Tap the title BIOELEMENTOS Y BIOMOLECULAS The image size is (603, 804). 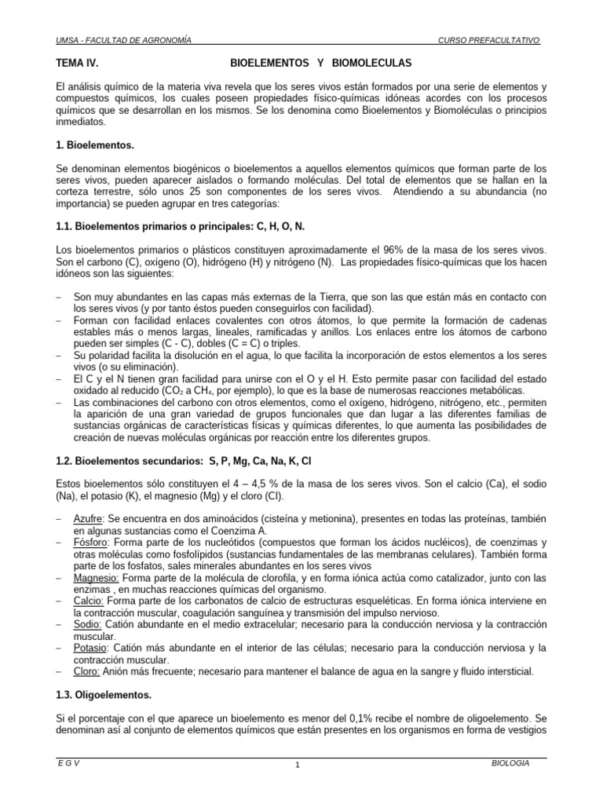coord(320,62)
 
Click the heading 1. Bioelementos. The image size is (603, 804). coord(95,146)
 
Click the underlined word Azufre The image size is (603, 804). coord(88,519)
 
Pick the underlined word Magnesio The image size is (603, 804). coord(96,578)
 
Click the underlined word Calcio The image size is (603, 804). coord(88,601)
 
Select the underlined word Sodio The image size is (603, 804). coord(87,624)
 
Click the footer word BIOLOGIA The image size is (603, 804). coord(510,762)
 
